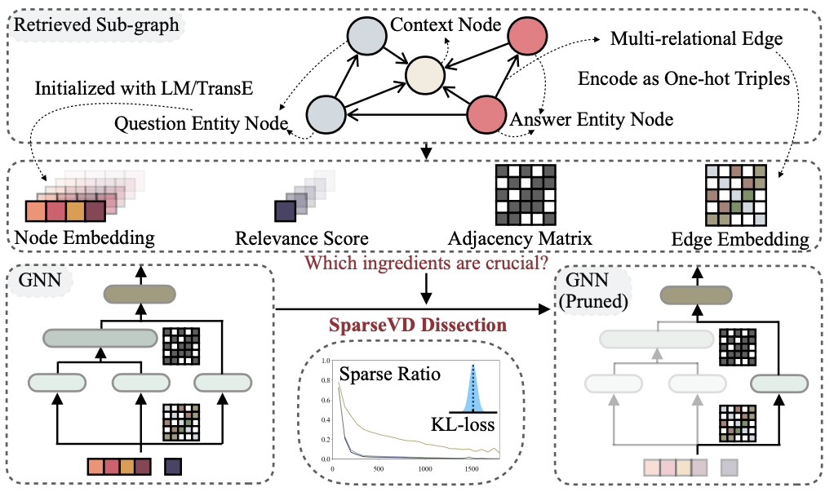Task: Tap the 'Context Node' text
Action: tap(445, 25)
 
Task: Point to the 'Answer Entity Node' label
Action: tap(591, 120)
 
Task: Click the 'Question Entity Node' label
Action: tap(201, 124)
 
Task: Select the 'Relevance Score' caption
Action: tap(301, 239)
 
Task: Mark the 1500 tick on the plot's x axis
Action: tap(470, 470)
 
